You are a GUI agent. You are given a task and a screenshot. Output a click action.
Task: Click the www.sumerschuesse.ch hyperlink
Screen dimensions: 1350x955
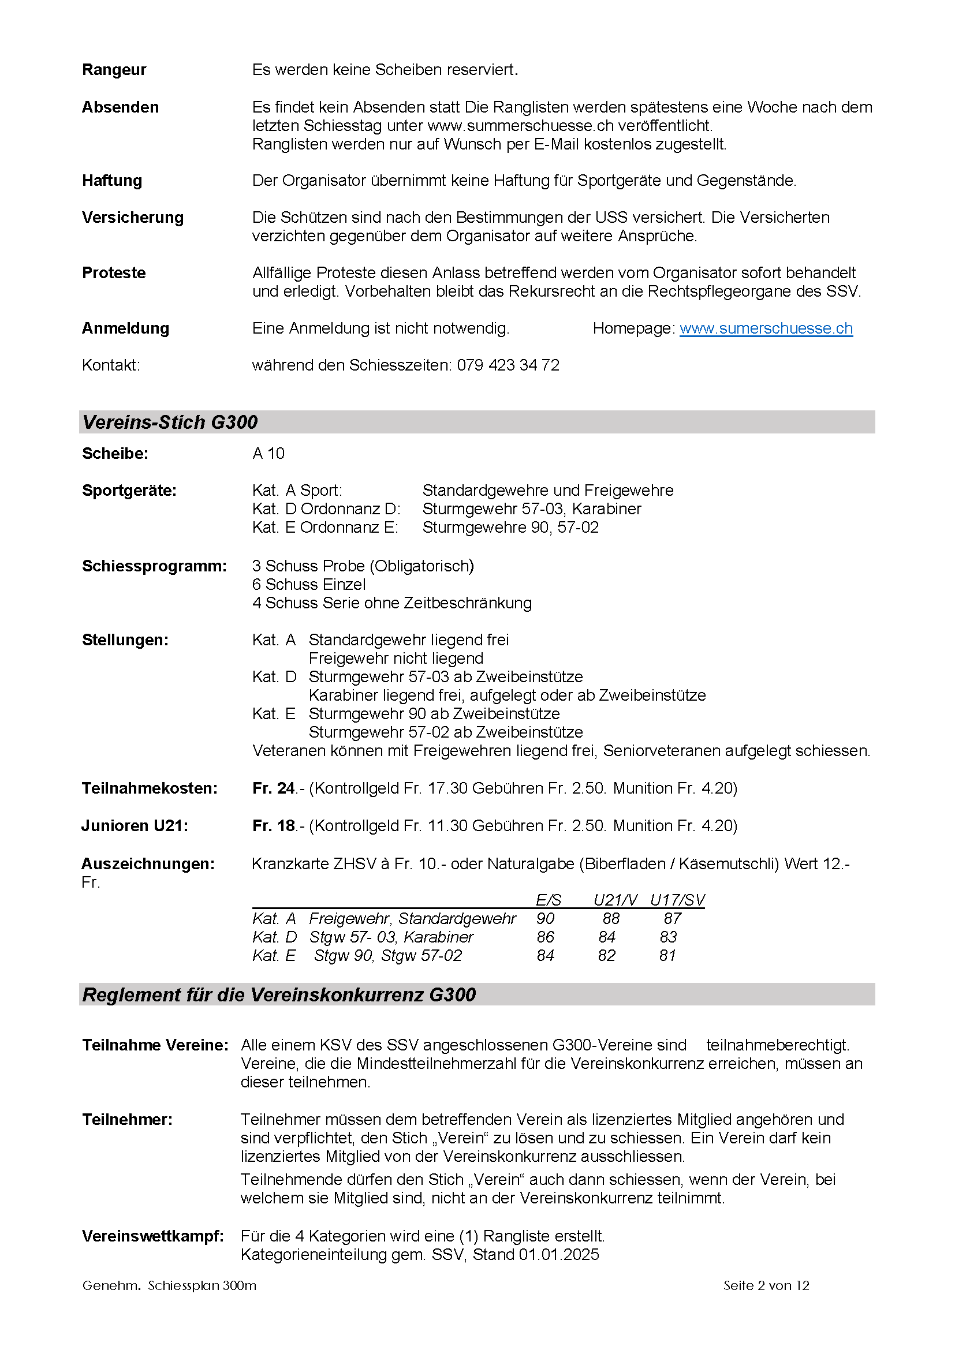point(766,328)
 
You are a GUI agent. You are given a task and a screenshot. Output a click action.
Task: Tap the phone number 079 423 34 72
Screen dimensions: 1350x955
point(508,365)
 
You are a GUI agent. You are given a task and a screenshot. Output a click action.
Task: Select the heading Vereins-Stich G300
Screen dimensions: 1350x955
point(170,422)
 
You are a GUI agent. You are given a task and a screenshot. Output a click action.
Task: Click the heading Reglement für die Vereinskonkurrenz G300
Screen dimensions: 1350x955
point(279,995)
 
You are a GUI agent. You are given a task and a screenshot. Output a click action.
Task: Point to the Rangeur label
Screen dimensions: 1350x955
point(114,70)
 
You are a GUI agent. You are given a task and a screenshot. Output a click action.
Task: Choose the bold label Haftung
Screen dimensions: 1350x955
point(112,181)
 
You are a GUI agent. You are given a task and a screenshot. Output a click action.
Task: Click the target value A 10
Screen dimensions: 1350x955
point(268,453)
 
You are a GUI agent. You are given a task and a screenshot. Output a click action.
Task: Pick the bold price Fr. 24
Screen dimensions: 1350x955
point(274,788)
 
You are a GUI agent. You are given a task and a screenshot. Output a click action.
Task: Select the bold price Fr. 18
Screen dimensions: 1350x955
point(274,826)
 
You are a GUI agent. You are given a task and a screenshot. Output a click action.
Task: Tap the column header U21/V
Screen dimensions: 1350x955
point(614,900)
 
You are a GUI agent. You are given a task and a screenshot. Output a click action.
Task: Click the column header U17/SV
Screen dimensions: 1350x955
point(677,900)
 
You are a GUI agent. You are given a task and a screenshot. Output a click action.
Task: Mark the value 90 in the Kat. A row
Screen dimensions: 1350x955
point(545,919)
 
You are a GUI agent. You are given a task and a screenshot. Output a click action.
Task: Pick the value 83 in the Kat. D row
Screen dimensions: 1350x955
point(668,937)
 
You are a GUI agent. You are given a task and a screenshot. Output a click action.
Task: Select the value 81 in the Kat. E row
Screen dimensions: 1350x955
point(667,956)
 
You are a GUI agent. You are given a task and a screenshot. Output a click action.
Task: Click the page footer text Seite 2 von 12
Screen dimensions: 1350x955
point(766,1286)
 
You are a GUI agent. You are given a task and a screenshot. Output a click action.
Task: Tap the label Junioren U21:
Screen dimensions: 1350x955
point(135,826)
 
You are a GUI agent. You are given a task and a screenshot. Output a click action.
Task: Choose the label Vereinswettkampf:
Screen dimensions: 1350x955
point(153,1236)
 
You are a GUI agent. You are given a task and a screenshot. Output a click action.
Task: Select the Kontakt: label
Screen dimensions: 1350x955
point(111,365)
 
